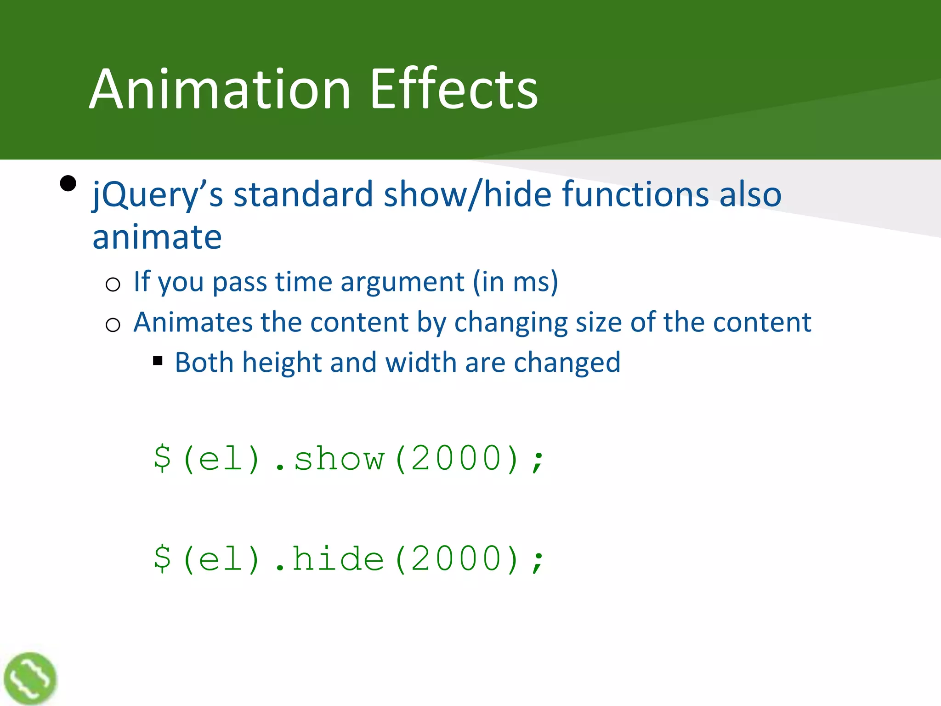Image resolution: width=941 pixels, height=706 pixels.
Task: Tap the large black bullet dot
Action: (68, 184)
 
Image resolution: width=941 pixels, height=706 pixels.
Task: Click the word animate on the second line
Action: (157, 237)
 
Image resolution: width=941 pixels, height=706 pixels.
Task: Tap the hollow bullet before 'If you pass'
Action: (113, 285)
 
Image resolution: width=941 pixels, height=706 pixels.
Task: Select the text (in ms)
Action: (516, 281)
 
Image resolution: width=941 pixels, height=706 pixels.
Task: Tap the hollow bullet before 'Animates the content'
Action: (113, 325)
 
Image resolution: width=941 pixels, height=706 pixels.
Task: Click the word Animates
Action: (193, 322)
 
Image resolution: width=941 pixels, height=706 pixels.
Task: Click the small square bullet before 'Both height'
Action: (158, 361)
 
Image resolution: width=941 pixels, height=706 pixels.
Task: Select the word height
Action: (282, 362)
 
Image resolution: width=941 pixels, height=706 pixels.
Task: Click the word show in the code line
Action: (339, 459)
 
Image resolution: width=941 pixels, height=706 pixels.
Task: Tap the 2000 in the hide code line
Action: (456, 558)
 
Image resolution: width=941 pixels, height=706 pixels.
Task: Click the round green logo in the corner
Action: (30, 678)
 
